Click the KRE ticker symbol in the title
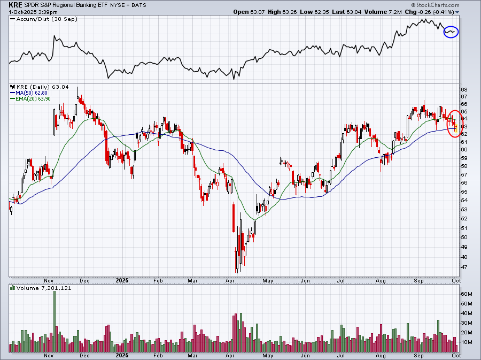15,5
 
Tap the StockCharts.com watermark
435,5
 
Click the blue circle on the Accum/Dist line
451,32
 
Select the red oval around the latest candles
454,124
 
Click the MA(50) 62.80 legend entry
29,93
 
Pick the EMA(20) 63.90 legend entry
30,99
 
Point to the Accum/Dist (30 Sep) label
44,19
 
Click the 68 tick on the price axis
464,90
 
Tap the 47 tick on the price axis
464,267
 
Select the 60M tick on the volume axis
466,294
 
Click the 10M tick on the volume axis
466,342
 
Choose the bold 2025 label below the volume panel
122,356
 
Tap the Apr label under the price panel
230,281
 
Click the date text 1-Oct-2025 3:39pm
33,12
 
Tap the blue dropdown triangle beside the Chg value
457,12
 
